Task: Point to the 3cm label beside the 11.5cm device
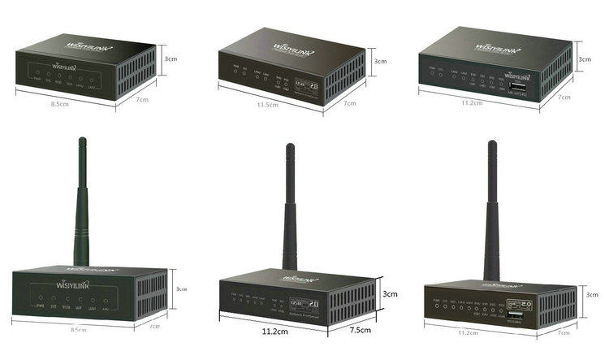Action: pyautogui.click(x=379, y=61)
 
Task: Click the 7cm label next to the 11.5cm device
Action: pyautogui.click(x=350, y=104)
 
